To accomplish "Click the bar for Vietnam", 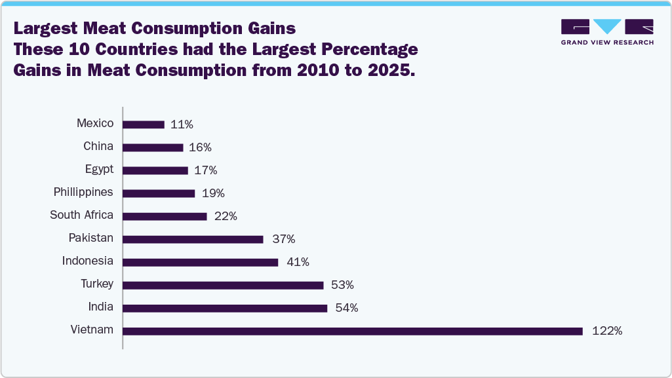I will pos(353,331).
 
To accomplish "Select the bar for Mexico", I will pos(144,124).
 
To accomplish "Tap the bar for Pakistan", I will pos(193,239).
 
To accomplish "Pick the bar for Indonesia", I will pos(201,262).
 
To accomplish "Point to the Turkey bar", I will pos(223,285).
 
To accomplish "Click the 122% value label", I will pos(606,331).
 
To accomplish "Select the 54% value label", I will pos(347,308).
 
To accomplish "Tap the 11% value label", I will pos(182,124).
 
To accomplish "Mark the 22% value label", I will pos(226,216).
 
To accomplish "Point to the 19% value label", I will pos(213,193).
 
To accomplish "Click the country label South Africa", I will pos(82,215).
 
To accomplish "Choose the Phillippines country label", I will pos(83,192).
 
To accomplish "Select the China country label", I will pos(98,146).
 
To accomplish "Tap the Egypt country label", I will pos(99,169).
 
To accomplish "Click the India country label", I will pos(101,307).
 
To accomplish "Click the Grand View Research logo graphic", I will pos(607,27).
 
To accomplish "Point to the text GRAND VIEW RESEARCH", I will pos(607,43).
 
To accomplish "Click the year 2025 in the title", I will pos(389,71).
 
